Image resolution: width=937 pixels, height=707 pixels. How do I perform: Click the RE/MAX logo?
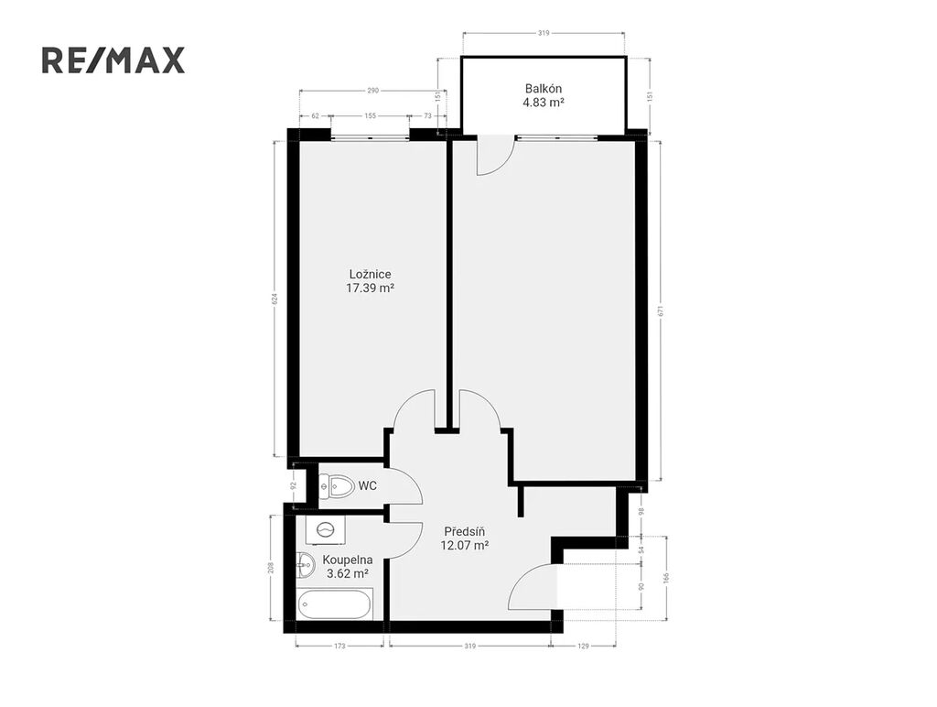tap(113, 60)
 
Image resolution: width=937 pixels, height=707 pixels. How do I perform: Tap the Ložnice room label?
tap(370, 275)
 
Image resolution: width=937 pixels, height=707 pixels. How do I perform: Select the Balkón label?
tap(544, 89)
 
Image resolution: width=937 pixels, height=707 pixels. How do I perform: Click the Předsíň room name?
tap(464, 532)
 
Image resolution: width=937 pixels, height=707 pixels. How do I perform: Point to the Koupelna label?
tap(347, 560)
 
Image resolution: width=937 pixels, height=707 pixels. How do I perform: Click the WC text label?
tap(368, 485)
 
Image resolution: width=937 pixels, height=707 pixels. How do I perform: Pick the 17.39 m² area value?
tap(370, 288)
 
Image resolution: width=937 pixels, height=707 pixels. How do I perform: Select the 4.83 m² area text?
tap(544, 103)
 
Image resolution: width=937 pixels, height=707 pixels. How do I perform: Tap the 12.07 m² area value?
tap(464, 546)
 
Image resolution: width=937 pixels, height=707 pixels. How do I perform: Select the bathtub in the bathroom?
tap(335, 604)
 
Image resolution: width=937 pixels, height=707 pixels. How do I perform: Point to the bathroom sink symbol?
tap(306, 565)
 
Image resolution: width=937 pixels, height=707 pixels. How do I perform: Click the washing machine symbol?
tap(326, 529)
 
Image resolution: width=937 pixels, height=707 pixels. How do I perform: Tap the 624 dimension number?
tap(275, 299)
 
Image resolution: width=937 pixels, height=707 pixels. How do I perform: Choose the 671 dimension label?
tap(661, 311)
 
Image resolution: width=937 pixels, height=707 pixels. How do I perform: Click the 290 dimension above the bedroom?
tap(373, 91)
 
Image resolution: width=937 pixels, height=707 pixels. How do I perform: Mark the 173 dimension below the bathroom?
tap(340, 646)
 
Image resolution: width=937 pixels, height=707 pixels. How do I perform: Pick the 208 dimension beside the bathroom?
tap(271, 567)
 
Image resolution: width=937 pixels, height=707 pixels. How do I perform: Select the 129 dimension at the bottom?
tap(583, 646)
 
